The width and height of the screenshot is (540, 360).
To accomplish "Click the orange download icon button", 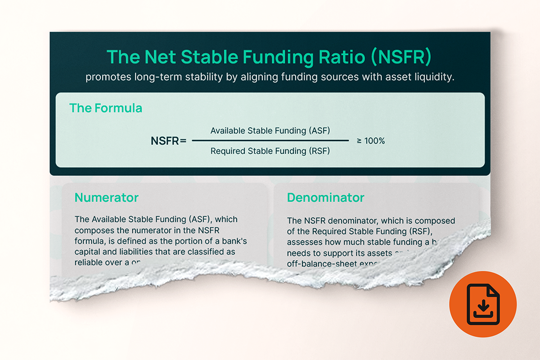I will (x=483, y=304).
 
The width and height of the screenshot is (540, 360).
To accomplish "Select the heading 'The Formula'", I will (x=105, y=108).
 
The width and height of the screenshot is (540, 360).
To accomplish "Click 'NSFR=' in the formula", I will (x=168, y=141).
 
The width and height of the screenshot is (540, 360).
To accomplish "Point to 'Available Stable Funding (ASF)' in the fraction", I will (x=270, y=131).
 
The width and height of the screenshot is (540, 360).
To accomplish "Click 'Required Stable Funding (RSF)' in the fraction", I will (x=270, y=151).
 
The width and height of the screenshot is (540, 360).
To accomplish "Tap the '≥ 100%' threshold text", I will (x=371, y=141).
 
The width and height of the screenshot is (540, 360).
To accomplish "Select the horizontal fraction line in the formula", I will (x=270, y=141).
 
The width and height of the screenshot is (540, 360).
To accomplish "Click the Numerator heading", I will (x=106, y=198).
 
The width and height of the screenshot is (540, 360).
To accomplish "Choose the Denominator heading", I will (x=325, y=198).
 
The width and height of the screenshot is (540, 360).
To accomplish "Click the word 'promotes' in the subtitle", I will (x=108, y=77).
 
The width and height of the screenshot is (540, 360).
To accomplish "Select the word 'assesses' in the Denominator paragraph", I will (x=304, y=242).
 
